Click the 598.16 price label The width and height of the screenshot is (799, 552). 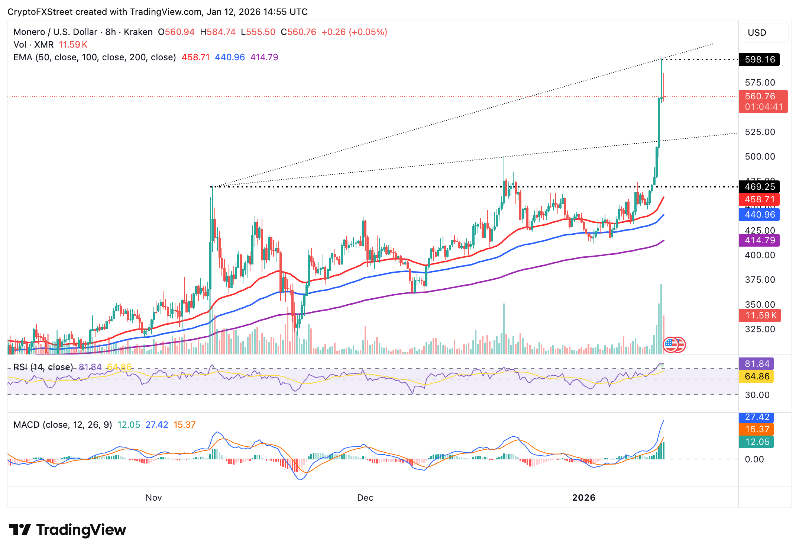coord(759,60)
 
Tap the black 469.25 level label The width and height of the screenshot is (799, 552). coord(759,187)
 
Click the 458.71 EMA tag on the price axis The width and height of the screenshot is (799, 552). coord(759,199)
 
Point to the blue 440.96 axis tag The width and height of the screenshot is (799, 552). coord(759,215)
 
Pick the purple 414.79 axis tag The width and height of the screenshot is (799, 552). coord(759,240)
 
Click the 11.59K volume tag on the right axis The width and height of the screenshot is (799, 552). coord(760,315)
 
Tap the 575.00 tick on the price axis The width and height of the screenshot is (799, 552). coord(760,83)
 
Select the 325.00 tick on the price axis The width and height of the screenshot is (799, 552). coord(760,329)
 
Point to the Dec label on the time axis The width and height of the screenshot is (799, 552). coord(365,498)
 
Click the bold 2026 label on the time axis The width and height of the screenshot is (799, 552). coord(583,498)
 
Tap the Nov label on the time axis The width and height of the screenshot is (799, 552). coord(153,498)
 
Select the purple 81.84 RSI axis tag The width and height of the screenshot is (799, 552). coord(756,364)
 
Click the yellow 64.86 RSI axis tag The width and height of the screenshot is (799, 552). coord(756,376)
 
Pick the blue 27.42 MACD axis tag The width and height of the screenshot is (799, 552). coord(756,417)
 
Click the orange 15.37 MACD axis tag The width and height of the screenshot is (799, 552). coord(756,429)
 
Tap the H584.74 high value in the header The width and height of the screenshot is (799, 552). coord(218,32)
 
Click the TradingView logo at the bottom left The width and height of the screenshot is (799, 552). coord(67,530)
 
